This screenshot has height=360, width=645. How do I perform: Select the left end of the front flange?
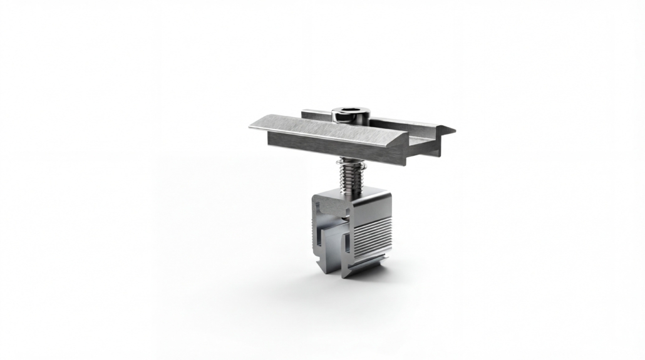pyautogui.click(x=252, y=126)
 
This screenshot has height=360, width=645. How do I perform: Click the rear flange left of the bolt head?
pyautogui.click(x=316, y=115)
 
